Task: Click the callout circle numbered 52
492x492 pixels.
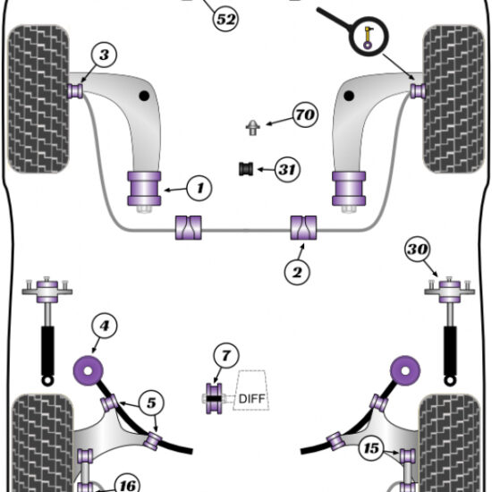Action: click(x=226, y=19)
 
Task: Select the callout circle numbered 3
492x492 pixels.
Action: click(x=104, y=55)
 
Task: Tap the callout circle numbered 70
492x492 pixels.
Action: click(x=305, y=115)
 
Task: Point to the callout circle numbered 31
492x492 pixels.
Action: click(x=287, y=169)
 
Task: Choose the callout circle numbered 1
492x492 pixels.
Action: click(x=199, y=188)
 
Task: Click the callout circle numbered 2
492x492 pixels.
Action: click(x=297, y=272)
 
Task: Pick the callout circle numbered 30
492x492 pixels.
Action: click(x=418, y=250)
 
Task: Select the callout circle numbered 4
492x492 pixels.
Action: click(x=104, y=326)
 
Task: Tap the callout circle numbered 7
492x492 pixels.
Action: click(x=226, y=356)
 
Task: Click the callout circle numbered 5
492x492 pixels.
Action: click(x=151, y=403)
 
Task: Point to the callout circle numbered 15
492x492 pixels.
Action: click(x=371, y=448)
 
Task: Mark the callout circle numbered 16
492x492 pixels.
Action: click(x=128, y=485)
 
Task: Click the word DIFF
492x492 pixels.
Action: click(x=252, y=399)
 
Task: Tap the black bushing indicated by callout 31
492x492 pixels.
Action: click(x=246, y=169)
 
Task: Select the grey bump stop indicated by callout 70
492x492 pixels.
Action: click(x=252, y=128)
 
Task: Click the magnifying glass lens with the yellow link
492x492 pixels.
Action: click(x=369, y=37)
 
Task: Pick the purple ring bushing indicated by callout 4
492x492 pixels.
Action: click(x=89, y=371)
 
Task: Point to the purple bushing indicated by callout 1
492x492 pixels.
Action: click(x=144, y=189)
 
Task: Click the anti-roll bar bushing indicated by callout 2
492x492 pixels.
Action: click(x=303, y=228)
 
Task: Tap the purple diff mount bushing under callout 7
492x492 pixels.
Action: click(x=214, y=398)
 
